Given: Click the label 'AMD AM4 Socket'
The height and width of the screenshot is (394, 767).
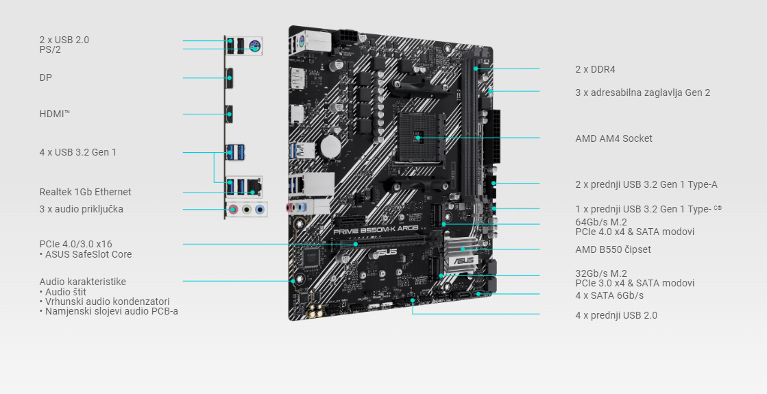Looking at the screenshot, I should pos(613,138).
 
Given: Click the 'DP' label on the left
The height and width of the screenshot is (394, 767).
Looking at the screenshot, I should pos(45,78).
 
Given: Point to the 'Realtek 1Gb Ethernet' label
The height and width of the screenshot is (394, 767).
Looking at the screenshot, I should pos(85,192).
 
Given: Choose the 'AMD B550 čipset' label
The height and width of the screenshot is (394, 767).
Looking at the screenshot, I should pos(613,249).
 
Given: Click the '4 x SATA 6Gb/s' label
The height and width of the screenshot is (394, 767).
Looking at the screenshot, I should pos(609,295).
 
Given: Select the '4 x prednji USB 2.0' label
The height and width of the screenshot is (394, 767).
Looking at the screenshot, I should pos(616,315).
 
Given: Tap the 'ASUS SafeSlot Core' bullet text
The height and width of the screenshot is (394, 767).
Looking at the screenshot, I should pos(88,254).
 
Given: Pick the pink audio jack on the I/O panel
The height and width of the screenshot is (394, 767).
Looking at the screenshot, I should pos(233,210).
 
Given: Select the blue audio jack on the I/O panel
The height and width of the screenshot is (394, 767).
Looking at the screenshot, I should pos(259,210).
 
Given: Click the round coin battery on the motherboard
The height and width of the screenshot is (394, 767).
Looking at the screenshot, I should pos(332,145).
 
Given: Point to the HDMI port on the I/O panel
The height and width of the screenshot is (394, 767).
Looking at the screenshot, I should pos(230,113).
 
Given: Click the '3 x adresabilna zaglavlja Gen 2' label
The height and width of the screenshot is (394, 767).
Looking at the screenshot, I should pos(642,92).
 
